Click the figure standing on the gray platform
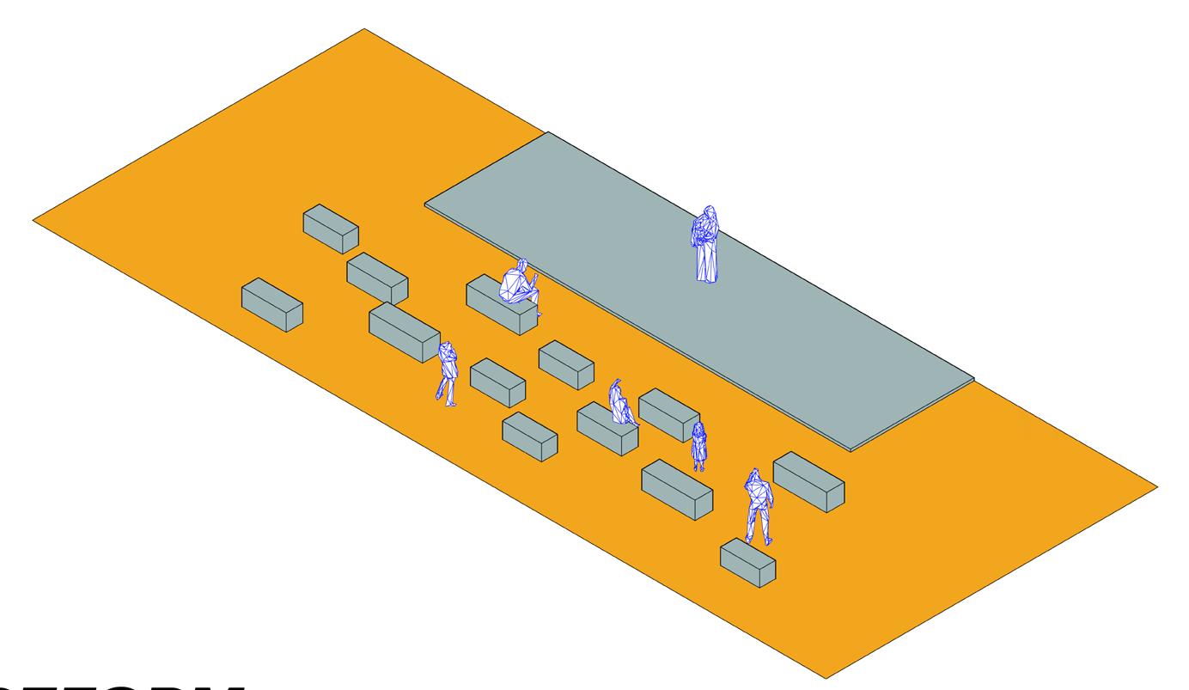tap(706, 245)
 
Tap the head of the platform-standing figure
tap(709, 211)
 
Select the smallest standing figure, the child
tap(699, 445)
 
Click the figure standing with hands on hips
tap(759, 507)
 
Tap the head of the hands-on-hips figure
tap(754, 474)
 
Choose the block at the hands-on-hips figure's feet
tap(747, 563)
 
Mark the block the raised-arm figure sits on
tap(607, 428)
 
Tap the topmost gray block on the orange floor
tap(331, 229)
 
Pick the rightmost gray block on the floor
tap(808, 482)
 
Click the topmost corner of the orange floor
tap(364, 29)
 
